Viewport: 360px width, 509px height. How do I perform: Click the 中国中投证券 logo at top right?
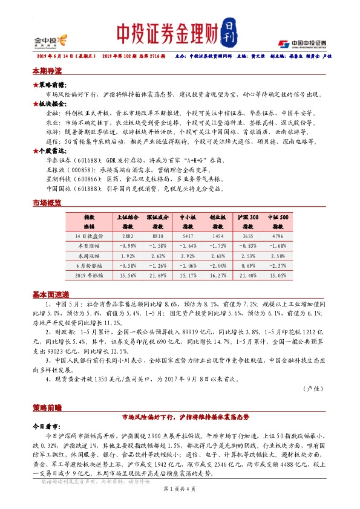tap(302, 43)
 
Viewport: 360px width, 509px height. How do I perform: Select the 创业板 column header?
tap(216, 220)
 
